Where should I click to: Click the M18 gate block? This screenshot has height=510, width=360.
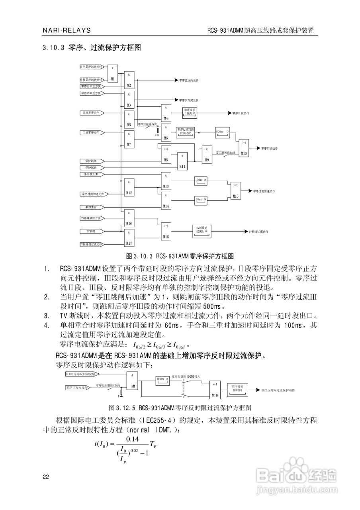pos(166,231)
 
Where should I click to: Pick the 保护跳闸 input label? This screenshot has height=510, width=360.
pos(91,161)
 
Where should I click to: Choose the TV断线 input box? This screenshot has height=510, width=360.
pos(91,231)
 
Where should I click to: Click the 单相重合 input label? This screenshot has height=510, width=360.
pos(91,207)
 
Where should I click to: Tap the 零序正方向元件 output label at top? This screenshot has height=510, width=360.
pos(189,80)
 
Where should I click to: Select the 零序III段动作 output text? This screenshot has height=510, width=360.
pos(270,148)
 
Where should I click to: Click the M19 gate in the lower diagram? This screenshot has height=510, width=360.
pos(214,389)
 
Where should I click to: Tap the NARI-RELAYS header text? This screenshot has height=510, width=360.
pos(67,30)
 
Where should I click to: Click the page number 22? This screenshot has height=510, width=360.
pos(46,477)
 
